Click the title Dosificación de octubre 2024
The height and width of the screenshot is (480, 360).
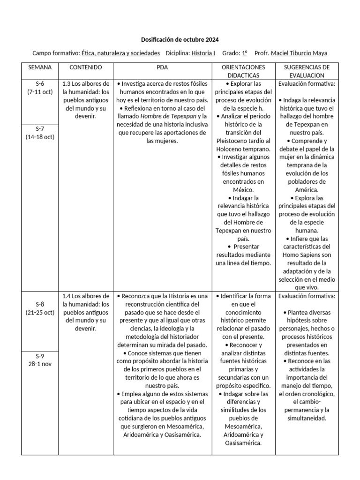[x=180, y=39]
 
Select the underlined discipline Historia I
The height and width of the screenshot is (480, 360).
[x=203, y=53]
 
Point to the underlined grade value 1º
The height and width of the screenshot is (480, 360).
[x=245, y=53]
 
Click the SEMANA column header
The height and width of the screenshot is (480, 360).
[x=40, y=67]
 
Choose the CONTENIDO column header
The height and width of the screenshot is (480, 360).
[x=86, y=67]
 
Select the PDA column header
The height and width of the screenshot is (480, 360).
[x=162, y=67]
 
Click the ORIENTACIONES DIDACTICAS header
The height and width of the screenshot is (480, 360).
[x=243, y=71]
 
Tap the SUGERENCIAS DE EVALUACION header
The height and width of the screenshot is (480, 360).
[x=307, y=71]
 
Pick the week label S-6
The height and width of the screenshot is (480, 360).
[x=40, y=84]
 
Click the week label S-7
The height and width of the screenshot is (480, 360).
[x=40, y=129]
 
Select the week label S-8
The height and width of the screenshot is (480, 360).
[x=40, y=304]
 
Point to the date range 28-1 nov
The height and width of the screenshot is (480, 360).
[x=40, y=365]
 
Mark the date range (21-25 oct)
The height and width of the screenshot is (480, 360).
[x=40, y=312]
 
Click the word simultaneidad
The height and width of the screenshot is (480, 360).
[x=307, y=418]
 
